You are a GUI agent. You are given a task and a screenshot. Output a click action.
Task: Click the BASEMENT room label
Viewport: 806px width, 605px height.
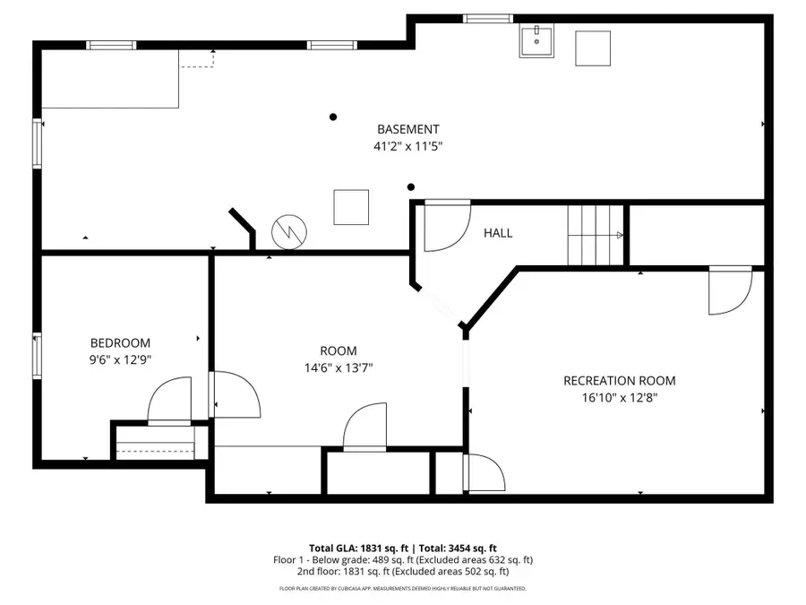tap(407, 129)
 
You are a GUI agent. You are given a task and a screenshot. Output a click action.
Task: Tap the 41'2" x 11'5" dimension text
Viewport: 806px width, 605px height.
tap(407, 146)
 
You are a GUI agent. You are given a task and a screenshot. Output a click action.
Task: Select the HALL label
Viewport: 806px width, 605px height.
tap(498, 233)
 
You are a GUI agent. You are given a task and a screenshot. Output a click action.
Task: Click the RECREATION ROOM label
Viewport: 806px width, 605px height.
tap(619, 381)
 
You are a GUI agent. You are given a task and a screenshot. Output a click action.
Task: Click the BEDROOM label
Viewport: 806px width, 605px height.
tap(120, 343)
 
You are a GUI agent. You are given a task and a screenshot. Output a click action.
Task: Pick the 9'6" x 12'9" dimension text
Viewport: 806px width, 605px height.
tap(120, 359)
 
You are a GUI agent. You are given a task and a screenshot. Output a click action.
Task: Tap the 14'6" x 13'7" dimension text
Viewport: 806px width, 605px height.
tap(339, 367)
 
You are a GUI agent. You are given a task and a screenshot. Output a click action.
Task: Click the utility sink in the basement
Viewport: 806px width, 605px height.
tap(536, 41)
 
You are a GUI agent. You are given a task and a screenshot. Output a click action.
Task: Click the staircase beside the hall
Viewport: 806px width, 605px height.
tap(595, 235)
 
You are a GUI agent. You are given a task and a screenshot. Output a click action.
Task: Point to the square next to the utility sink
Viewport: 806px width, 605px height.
tap(592, 48)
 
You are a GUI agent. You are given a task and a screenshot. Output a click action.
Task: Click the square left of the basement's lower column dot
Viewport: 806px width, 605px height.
tap(351, 207)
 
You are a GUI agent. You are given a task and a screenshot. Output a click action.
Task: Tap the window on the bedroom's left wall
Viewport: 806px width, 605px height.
tap(38, 354)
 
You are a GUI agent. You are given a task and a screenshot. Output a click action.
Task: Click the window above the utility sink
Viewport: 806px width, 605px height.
tap(488, 18)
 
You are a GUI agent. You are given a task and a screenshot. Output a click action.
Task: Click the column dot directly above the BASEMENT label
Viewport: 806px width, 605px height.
tap(333, 117)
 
